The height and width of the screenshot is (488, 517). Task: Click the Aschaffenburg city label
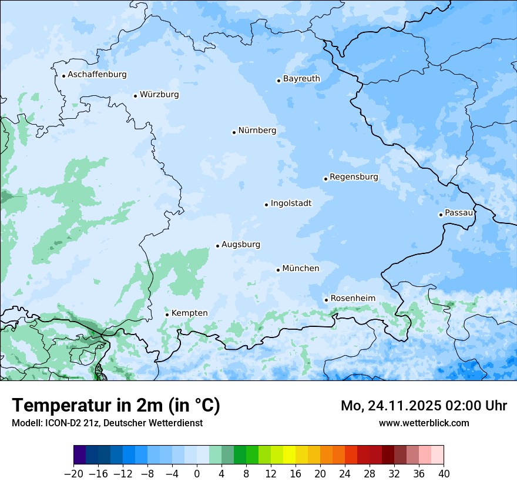coord(97,75)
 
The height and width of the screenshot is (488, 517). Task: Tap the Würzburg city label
coord(159,95)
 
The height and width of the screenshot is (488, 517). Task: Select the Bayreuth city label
coord(301,79)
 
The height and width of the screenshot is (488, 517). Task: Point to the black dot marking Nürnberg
coord(234,132)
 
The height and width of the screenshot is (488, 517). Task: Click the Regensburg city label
coord(354,177)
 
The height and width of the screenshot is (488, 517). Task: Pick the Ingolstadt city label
coord(291,203)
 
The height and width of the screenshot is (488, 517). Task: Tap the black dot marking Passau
coord(441,215)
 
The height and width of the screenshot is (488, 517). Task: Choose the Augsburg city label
coord(241,245)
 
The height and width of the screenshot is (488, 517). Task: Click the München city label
coord(301,269)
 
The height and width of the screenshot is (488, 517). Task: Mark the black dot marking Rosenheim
coord(326,300)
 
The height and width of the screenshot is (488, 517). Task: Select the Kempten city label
coord(189,313)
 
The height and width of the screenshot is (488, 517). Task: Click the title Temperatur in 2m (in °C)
coord(116,405)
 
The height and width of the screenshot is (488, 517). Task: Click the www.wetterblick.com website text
coord(424,423)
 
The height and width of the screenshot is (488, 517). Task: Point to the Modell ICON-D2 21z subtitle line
coord(107,423)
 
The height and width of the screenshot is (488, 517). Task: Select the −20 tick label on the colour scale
coord(73,474)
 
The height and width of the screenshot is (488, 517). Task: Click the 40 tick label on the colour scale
coord(444,474)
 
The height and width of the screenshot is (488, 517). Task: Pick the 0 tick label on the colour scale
coord(197,474)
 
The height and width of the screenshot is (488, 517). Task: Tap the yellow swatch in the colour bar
coord(289,454)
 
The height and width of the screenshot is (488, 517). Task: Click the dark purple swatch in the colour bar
coord(80,454)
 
